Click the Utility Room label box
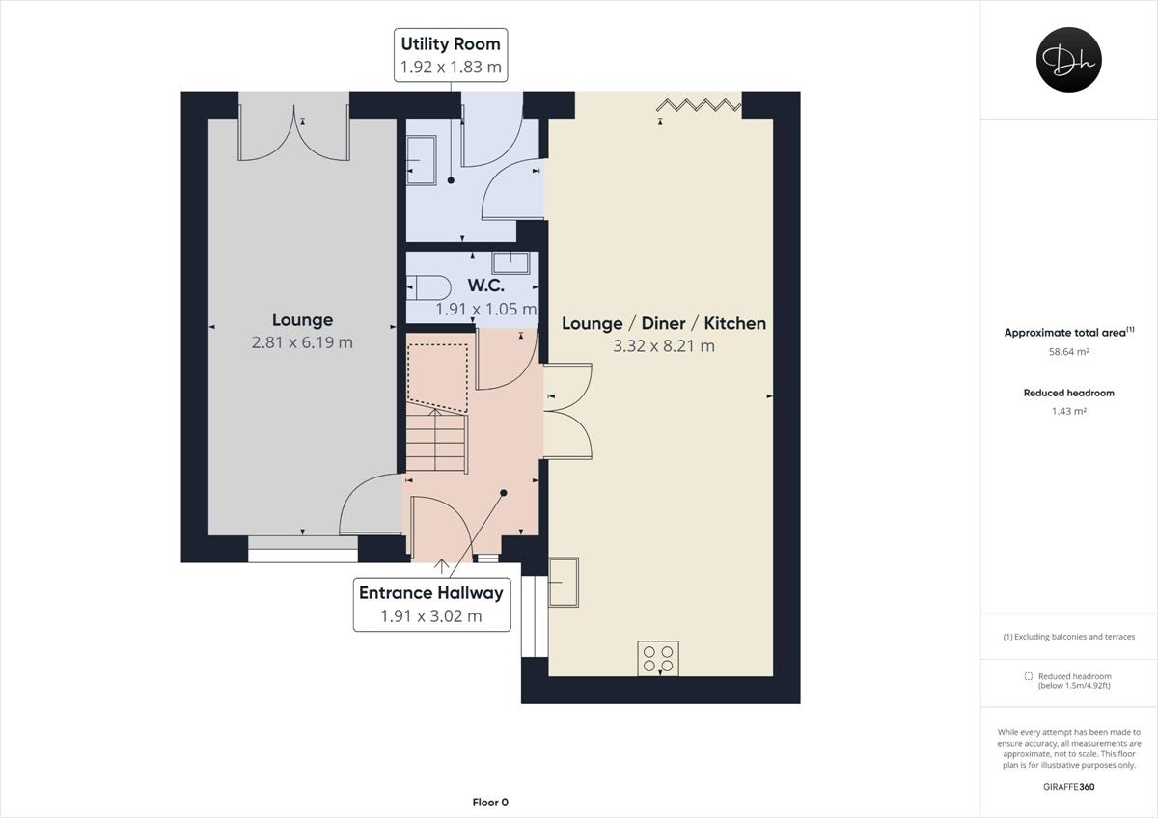(x=451, y=55)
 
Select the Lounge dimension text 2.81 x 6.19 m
(x=302, y=342)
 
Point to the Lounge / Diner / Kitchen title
(x=664, y=323)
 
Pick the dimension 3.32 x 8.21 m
(x=664, y=346)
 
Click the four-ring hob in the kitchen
(x=658, y=658)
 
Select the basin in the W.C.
(x=510, y=262)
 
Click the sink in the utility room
(x=421, y=159)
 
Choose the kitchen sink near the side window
(x=564, y=582)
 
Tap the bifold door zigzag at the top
(x=699, y=104)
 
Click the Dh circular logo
(x=1068, y=60)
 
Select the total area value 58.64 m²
(x=1068, y=352)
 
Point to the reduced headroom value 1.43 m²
(x=1068, y=411)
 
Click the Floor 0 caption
(x=490, y=803)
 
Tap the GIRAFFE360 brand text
(x=1068, y=787)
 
